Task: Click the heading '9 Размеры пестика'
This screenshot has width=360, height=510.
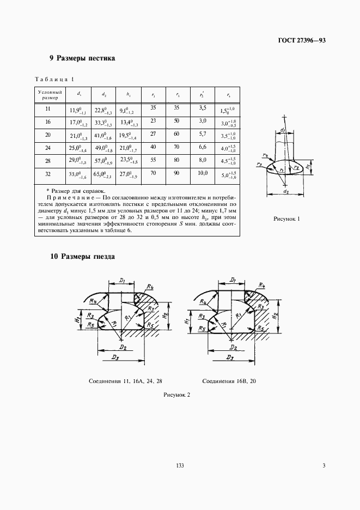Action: (x=82, y=58)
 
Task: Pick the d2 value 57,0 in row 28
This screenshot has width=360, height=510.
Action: (x=101, y=162)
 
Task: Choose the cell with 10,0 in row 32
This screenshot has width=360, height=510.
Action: (x=203, y=173)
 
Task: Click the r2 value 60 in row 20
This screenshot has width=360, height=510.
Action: (x=176, y=133)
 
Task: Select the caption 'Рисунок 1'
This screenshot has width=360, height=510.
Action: (x=286, y=219)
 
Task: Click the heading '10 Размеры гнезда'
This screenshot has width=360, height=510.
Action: (x=82, y=256)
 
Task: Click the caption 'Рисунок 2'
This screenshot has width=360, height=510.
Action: (x=177, y=396)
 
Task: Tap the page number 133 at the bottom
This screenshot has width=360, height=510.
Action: (x=180, y=465)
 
